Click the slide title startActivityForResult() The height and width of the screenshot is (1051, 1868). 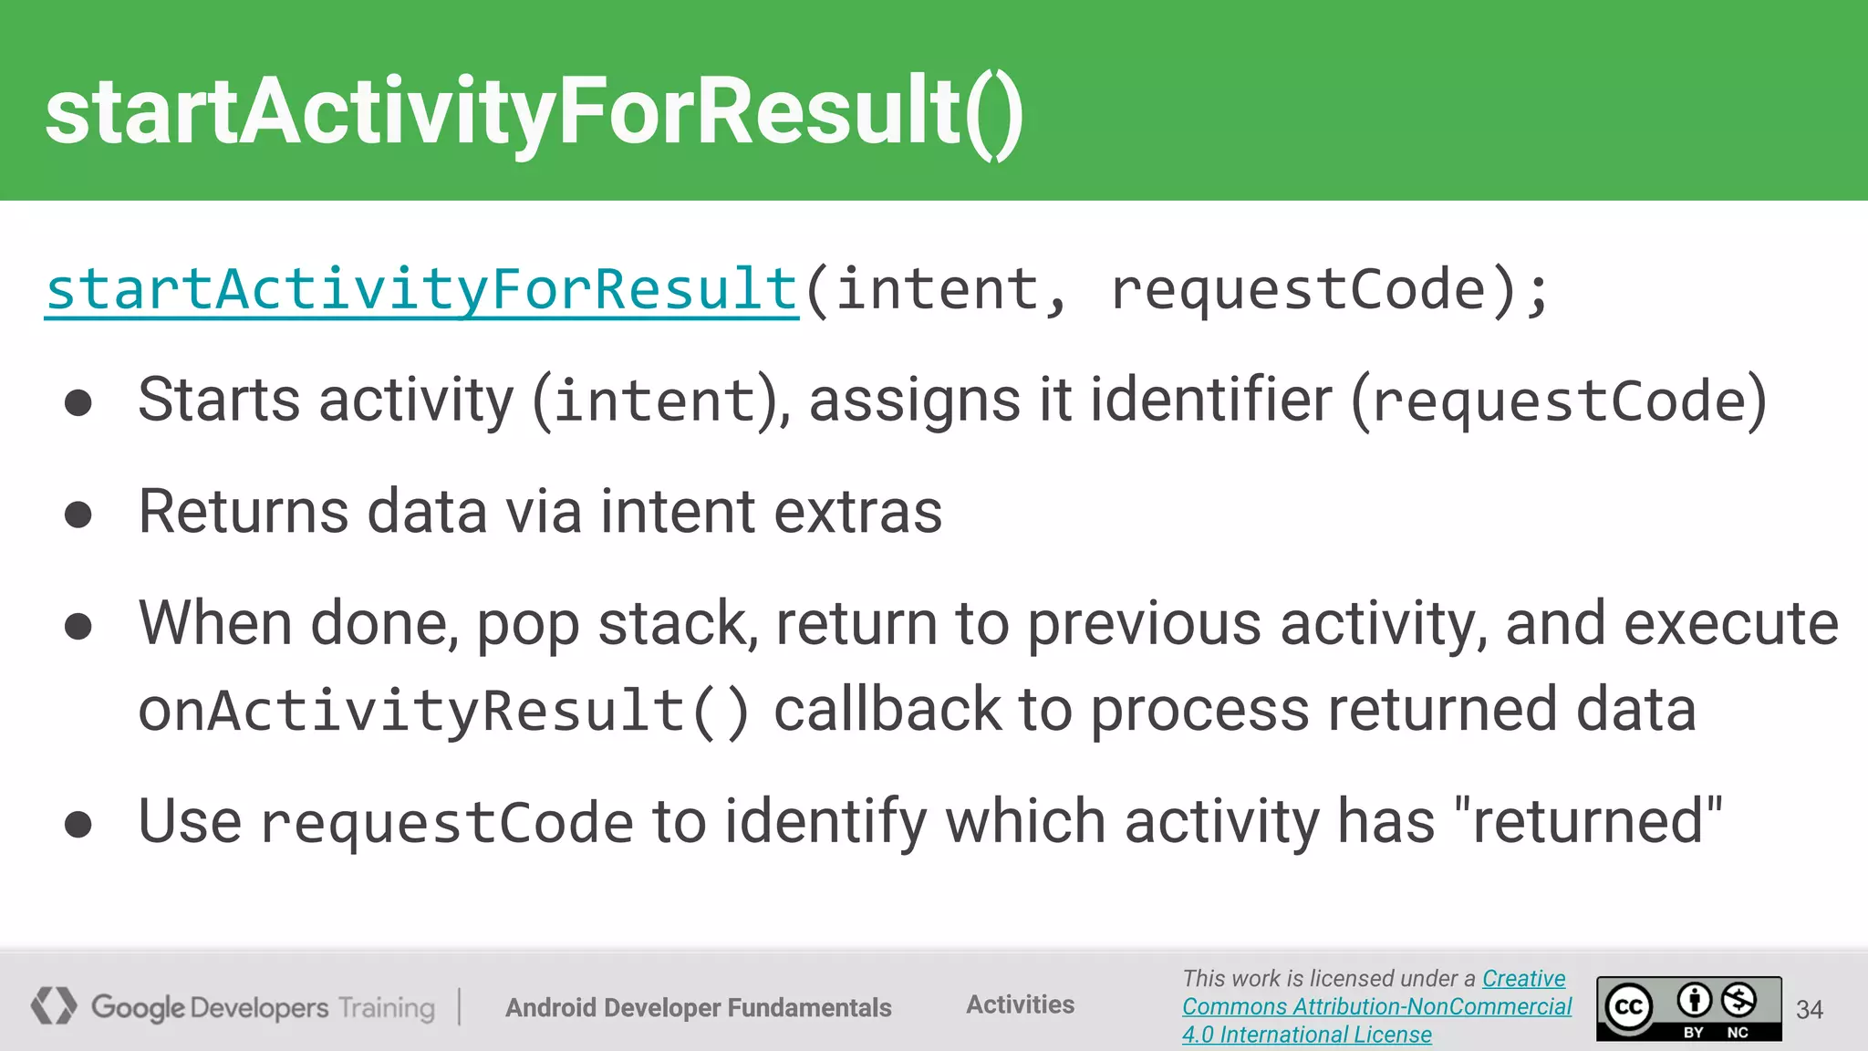(534, 111)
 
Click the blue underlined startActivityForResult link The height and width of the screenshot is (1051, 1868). (422, 290)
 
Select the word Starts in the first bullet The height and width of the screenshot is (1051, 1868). (219, 401)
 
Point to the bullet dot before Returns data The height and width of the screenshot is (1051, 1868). (78, 515)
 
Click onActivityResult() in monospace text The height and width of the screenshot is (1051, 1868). (443, 712)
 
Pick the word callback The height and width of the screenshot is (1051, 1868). (887, 710)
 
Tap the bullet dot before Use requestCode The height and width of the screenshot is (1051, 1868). (78, 825)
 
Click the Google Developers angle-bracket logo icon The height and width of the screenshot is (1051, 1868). (54, 1005)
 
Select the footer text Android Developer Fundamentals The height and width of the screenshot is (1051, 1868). (699, 1007)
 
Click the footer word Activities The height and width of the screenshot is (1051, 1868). (1020, 1004)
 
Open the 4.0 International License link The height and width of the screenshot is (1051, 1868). (1306, 1035)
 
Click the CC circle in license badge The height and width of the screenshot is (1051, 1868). (1629, 1007)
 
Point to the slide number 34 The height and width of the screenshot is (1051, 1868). (1809, 1009)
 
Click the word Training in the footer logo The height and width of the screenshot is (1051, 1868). (386, 1008)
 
